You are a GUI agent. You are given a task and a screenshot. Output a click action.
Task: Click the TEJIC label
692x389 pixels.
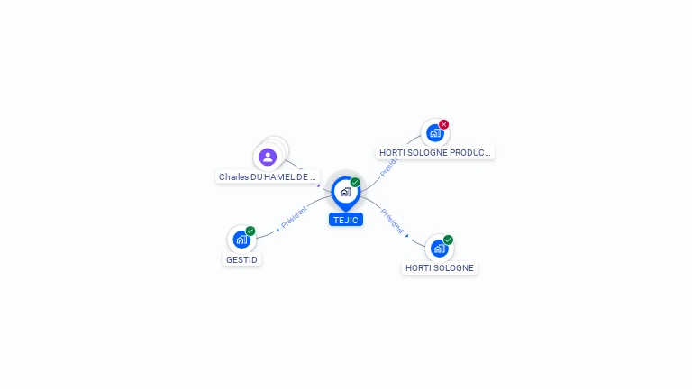click(x=346, y=220)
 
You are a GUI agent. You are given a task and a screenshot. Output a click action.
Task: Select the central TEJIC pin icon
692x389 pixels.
click(x=346, y=192)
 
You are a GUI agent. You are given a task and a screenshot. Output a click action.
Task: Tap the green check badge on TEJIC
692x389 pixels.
click(x=355, y=183)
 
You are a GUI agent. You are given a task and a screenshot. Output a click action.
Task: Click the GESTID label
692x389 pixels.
click(x=241, y=259)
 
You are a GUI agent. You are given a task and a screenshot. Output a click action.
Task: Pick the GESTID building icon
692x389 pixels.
click(x=241, y=240)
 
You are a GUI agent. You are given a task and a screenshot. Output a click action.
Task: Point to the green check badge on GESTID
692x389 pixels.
click(x=250, y=231)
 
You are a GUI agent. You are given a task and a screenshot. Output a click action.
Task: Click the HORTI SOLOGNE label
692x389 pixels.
click(x=440, y=267)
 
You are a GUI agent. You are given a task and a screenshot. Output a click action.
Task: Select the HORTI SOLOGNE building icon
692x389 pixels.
click(x=439, y=249)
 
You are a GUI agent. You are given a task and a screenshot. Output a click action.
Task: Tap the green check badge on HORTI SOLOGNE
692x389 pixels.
click(x=448, y=240)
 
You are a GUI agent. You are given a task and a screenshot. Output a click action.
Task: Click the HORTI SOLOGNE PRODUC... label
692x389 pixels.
click(x=435, y=153)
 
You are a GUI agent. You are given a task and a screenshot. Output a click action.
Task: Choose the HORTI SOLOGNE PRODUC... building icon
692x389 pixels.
click(x=435, y=133)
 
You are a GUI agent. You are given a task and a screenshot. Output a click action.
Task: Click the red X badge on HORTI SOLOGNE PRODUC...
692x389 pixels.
click(x=444, y=125)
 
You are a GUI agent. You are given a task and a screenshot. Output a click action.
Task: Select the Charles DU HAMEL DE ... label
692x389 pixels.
click(x=268, y=177)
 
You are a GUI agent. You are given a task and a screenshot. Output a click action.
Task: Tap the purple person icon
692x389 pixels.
click(x=268, y=157)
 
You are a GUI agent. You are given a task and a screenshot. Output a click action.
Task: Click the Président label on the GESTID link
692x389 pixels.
click(x=294, y=216)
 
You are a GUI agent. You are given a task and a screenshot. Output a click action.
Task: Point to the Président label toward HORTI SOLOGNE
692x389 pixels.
click(x=392, y=221)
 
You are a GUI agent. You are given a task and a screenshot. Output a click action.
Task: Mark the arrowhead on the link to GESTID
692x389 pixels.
click(x=278, y=229)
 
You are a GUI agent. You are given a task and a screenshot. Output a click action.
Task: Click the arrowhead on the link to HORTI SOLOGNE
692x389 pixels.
click(x=407, y=236)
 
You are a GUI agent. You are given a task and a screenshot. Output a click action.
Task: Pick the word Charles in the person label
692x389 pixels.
click(x=233, y=177)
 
